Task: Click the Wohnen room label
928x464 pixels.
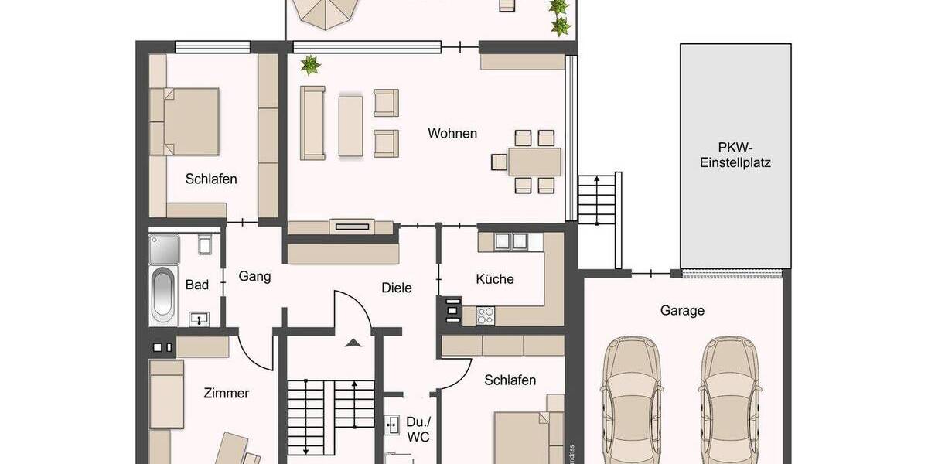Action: (x=452, y=133)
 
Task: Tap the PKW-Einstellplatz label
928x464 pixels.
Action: (x=735, y=155)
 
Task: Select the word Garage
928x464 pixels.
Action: (x=682, y=311)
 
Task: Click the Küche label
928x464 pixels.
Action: (x=495, y=279)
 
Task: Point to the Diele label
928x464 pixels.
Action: (x=397, y=288)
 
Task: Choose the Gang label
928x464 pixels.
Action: (x=254, y=276)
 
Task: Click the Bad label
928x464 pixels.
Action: (x=197, y=285)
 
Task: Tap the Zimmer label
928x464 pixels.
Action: (x=226, y=393)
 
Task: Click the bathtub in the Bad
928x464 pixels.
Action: (x=163, y=295)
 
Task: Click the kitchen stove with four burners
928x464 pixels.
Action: (x=486, y=315)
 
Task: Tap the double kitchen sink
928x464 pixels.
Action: (x=510, y=241)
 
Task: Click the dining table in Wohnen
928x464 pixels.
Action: (x=534, y=162)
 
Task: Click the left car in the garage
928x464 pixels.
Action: (x=632, y=398)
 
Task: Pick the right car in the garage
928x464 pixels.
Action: (x=731, y=398)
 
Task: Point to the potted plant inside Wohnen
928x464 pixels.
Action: (x=311, y=65)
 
